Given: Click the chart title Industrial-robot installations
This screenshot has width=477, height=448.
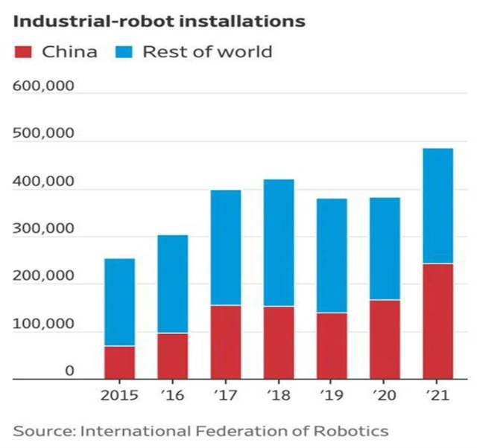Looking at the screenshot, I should pyautogui.click(x=159, y=21).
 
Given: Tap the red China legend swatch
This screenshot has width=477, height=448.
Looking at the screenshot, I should pyautogui.click(x=23, y=52).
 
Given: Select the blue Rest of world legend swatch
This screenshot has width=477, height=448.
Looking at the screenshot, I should pyautogui.click(x=124, y=52).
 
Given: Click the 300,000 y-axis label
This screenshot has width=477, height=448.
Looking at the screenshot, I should pyautogui.click(x=44, y=228).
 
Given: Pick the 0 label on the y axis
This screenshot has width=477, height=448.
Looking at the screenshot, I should pyautogui.click(x=69, y=371).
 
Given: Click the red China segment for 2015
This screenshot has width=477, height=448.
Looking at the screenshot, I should pyautogui.click(x=119, y=362).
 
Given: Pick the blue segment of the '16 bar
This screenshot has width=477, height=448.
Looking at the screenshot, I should pyautogui.click(x=172, y=284).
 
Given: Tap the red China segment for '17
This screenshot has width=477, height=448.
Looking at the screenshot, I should pyautogui.click(x=225, y=342).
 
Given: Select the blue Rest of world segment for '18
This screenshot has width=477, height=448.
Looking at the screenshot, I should pyautogui.click(x=278, y=243).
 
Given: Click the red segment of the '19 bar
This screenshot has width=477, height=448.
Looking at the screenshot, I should pyautogui.click(x=332, y=345).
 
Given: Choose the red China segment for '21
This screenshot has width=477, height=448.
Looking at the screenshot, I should pyautogui.click(x=437, y=321).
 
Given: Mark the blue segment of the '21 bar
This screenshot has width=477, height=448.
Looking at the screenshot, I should pyautogui.click(x=437, y=205).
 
